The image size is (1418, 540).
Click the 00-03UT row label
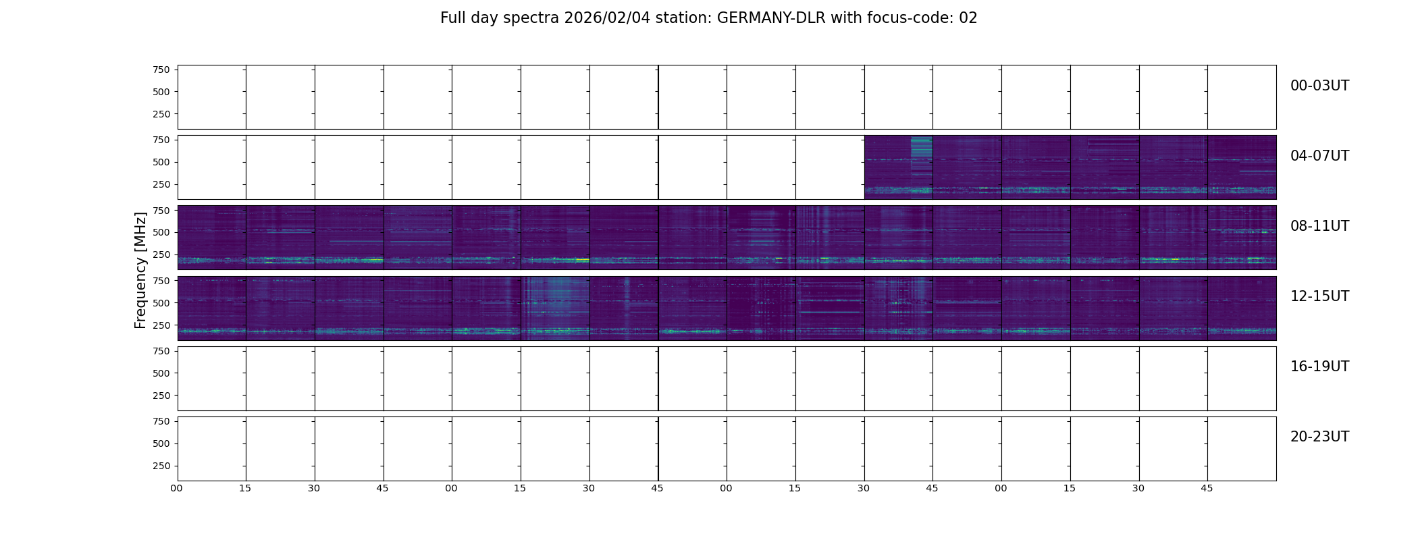coord(1319,86)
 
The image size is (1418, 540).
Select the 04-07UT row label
coord(1319,156)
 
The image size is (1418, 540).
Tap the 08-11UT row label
coord(1319,226)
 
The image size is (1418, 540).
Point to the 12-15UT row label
coord(1319,296)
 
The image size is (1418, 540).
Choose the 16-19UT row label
coord(1319,367)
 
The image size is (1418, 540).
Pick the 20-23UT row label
coord(1319,437)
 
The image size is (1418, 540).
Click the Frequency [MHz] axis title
coord(140,270)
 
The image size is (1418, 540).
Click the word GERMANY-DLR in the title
coord(771,18)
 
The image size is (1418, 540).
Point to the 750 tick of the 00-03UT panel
coord(161,70)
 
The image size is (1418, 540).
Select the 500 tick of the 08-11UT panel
coord(161,232)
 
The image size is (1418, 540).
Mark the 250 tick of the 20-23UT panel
coord(161,466)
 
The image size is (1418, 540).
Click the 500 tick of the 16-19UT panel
coord(161,373)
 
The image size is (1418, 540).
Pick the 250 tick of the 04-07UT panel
coord(161,184)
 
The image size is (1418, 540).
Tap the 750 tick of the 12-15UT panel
coord(161,280)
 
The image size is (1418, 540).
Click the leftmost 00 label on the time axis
coord(177,488)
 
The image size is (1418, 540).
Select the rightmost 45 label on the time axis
coord(1207,488)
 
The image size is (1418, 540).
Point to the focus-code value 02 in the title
coord(968,18)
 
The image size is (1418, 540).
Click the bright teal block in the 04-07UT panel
coord(921,155)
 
